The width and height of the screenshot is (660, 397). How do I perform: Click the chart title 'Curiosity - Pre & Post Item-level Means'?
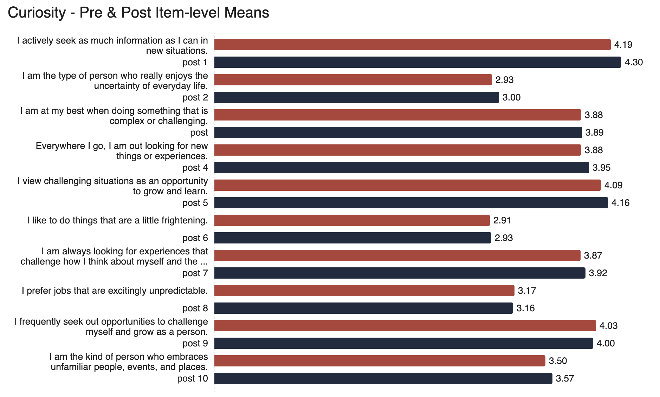138,13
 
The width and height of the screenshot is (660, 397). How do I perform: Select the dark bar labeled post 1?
418,62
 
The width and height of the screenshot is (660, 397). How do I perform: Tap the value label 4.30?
634,63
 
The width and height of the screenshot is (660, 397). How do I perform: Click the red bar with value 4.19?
412,45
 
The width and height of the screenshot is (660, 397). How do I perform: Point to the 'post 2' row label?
195,97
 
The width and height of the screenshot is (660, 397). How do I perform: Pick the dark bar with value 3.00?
356,97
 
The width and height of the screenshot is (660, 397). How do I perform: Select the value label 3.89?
594,133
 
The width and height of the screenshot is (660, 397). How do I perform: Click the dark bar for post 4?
401,168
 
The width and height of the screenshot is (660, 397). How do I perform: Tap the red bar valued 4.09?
407,185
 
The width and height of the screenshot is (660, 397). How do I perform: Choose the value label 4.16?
620,203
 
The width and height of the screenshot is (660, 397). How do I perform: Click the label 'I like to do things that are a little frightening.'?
117,220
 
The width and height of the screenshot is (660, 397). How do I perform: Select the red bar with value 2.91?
352,220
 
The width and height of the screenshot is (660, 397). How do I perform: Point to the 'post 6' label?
195,238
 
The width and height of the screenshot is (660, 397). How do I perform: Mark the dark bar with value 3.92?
400,273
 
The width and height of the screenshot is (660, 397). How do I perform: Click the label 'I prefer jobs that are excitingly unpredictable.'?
115,291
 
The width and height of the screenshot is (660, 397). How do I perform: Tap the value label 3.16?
525,308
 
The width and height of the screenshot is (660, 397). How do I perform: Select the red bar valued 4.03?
405,326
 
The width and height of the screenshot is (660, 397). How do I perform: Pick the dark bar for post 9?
403,343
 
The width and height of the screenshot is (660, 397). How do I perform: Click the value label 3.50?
558,361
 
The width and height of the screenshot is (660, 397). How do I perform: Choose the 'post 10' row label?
193,378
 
